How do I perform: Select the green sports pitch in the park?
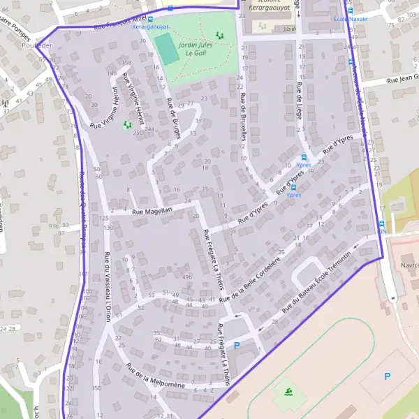[167, 49]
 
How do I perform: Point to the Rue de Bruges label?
[173, 119]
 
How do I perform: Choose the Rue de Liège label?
[299, 102]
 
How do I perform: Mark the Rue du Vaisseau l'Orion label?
[108, 283]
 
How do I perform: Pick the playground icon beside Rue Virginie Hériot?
[127, 125]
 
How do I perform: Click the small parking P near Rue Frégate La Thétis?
[236, 345]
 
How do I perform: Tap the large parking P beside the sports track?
[388, 376]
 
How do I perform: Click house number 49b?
[186, 278]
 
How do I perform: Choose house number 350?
[96, 388]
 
